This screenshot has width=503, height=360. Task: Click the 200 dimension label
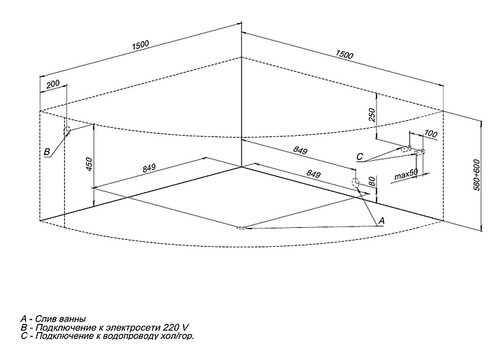tap(52, 85)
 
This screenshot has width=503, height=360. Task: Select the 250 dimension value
tap(372, 113)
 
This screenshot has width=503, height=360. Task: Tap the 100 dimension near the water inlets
tap(430, 133)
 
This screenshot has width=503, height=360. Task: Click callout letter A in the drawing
tap(381, 220)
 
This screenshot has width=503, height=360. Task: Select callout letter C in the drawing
tap(360, 157)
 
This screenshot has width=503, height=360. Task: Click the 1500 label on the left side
tap(140, 45)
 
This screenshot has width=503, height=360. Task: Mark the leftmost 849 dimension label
tap(149, 168)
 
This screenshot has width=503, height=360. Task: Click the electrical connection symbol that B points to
tap(68, 131)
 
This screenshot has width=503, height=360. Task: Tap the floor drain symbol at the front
tap(241, 228)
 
